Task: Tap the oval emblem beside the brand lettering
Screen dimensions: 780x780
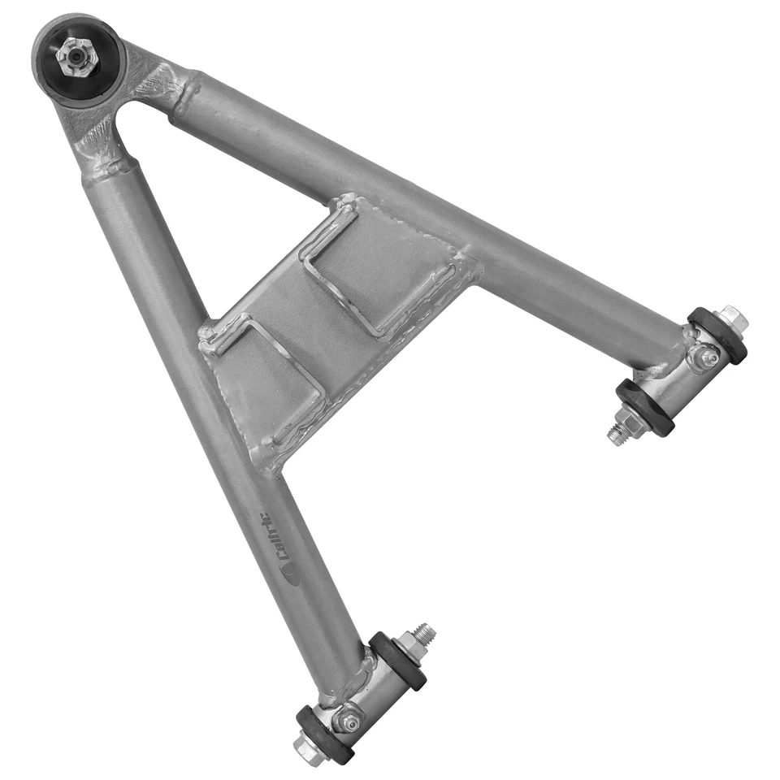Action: pos(290,573)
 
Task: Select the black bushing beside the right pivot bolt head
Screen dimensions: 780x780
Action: pos(716,334)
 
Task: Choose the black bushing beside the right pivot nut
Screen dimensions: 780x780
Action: pos(644,406)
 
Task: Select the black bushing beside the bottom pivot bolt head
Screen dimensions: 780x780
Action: pos(324,733)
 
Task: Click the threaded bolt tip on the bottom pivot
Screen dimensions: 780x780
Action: pos(426,631)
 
